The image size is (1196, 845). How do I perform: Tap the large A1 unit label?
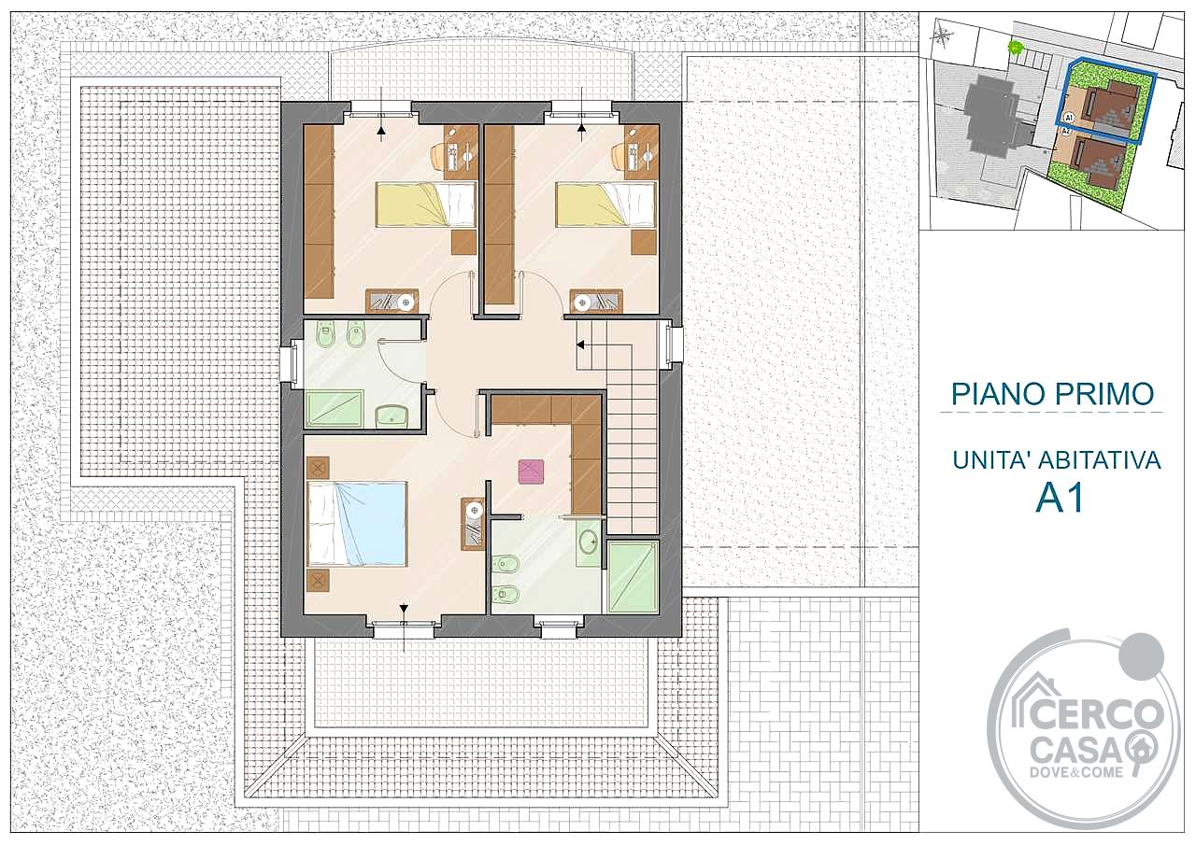point(1060,499)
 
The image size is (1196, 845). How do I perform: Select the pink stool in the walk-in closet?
point(531,472)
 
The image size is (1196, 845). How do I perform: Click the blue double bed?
point(357,523)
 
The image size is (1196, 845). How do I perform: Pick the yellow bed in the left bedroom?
point(425,204)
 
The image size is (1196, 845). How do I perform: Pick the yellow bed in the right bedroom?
point(605,204)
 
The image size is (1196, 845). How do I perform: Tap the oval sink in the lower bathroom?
point(590,542)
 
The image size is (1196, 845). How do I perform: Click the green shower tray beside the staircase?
point(633,577)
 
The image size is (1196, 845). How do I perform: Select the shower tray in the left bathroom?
point(334,409)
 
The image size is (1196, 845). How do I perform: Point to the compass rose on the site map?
point(944,36)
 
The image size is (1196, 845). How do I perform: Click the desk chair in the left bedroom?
point(438,155)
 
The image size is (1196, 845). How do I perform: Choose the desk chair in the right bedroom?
point(619,155)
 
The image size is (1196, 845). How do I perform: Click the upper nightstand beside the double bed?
point(319,468)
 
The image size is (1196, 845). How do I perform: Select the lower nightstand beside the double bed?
point(319,579)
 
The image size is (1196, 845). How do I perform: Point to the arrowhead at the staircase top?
point(580,345)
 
